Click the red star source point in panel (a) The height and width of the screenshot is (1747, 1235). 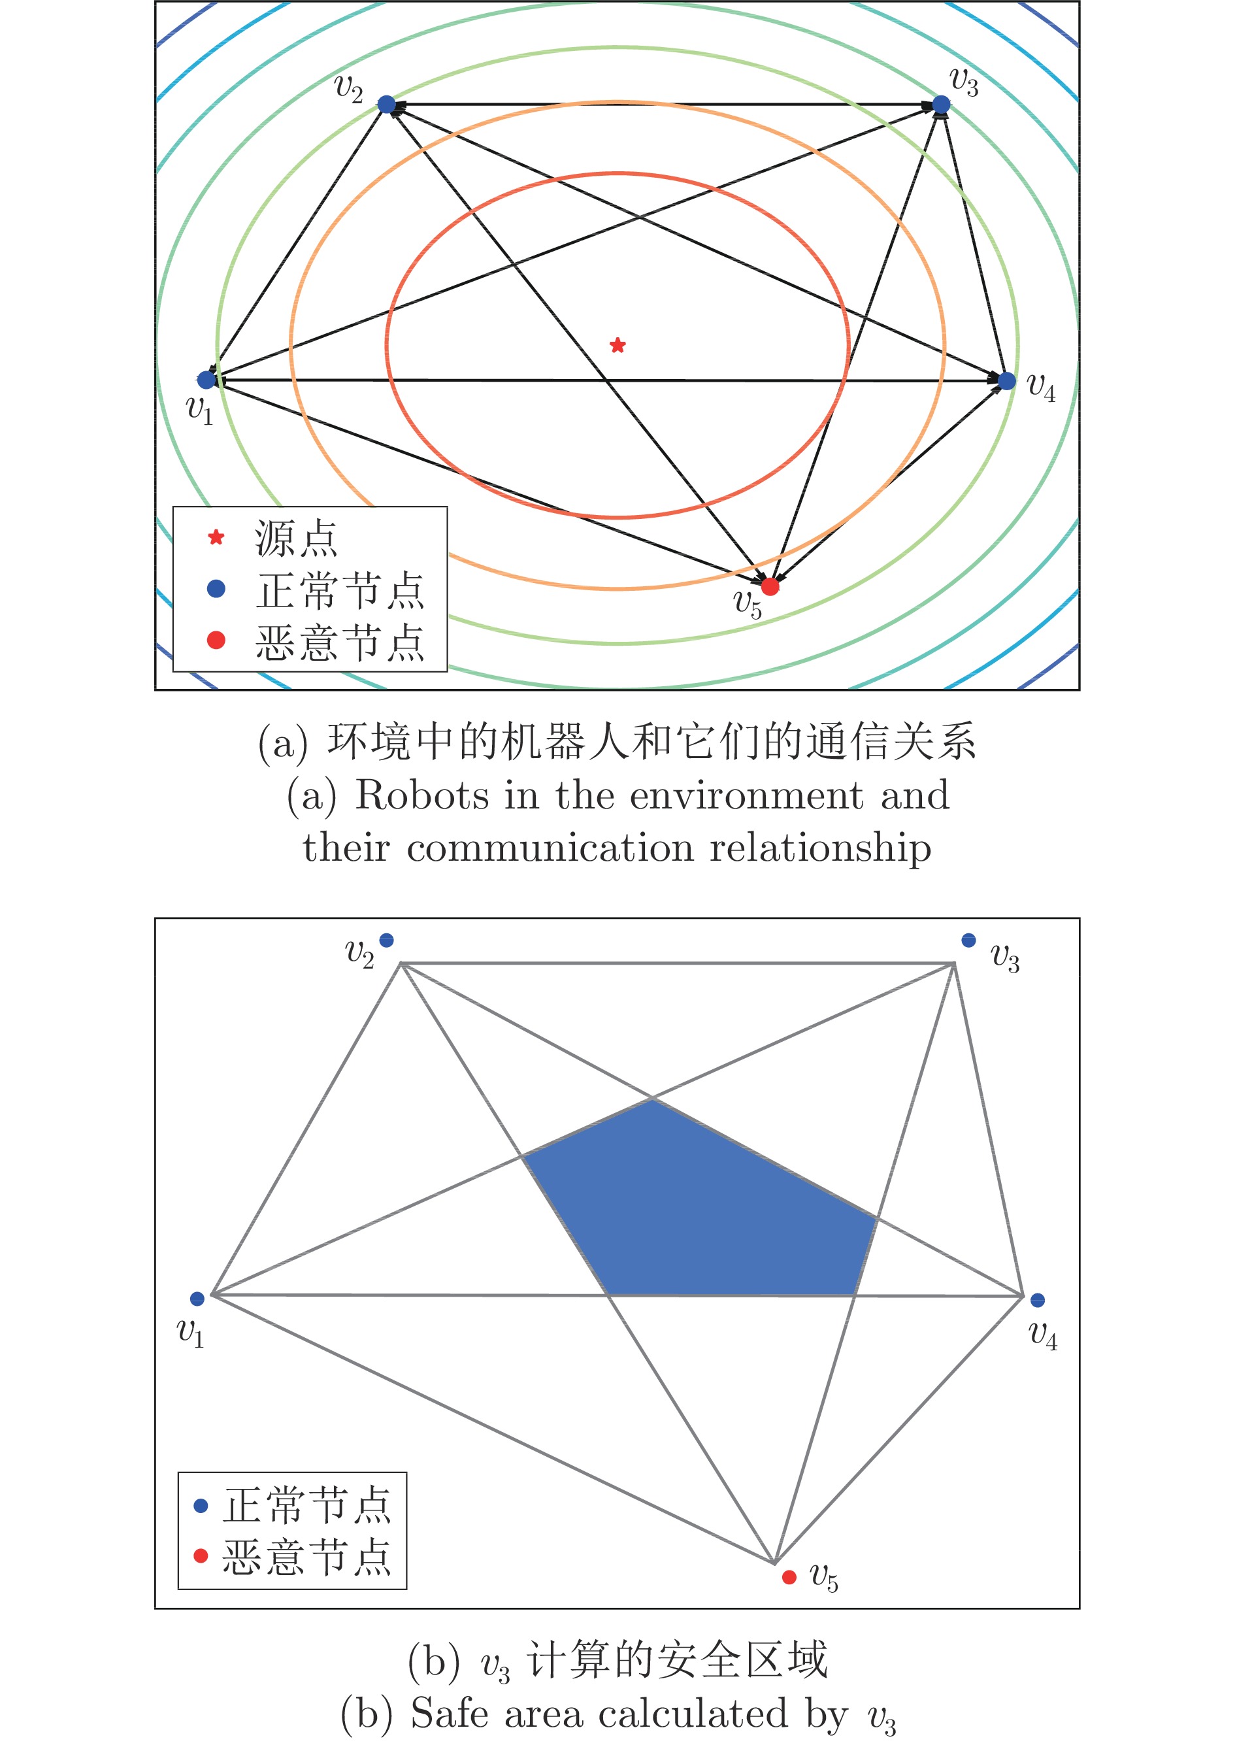(617, 346)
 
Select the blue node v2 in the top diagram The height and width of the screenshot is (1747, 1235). (387, 104)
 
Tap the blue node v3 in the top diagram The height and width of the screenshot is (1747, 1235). (941, 104)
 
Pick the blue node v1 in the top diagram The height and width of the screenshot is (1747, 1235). (206, 379)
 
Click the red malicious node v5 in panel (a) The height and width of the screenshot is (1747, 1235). (770, 586)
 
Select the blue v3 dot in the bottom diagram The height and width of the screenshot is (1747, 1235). (968, 940)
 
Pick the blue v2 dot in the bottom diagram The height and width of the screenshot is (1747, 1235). (387, 940)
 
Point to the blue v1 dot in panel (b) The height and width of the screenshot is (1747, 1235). (197, 1299)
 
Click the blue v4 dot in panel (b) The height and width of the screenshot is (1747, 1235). (1037, 1301)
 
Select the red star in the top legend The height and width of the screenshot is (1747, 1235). (216, 537)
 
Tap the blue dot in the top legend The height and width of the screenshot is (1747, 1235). (216, 588)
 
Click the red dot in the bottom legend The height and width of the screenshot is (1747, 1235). (201, 1556)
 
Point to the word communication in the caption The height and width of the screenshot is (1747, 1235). (550, 848)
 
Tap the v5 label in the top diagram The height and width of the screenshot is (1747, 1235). (748, 604)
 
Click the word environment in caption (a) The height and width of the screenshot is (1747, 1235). (746, 796)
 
